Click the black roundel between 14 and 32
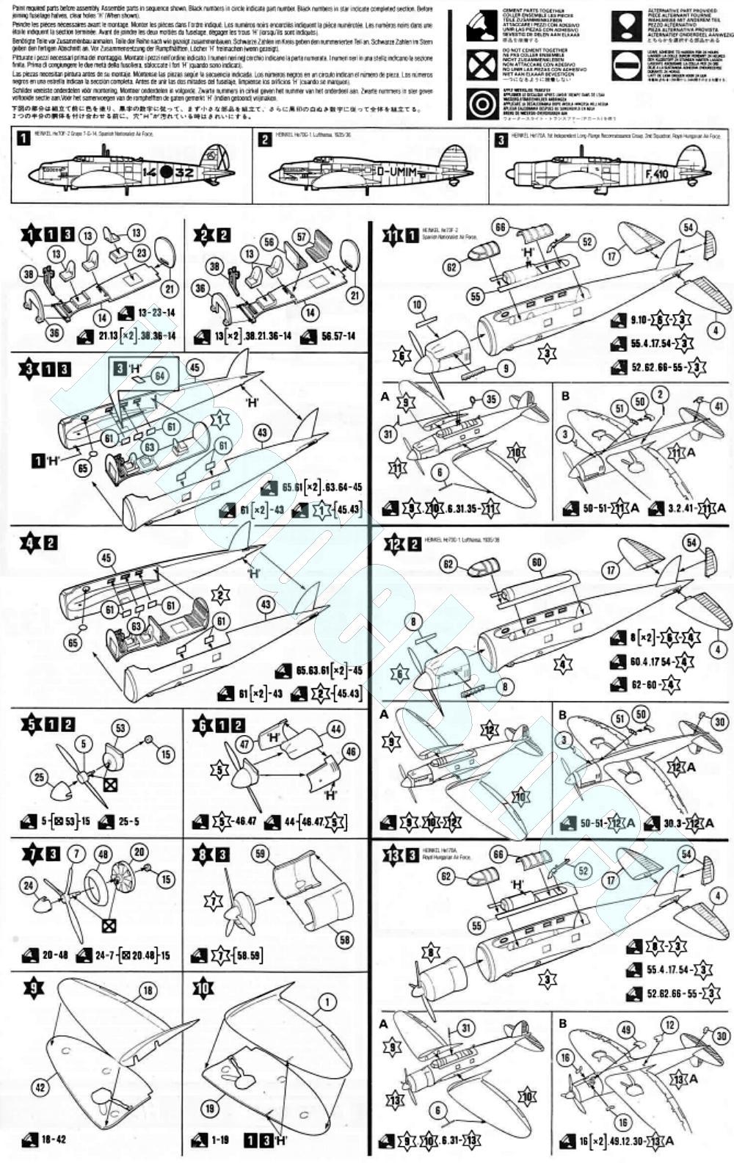click(167, 173)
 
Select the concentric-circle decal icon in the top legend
click(482, 104)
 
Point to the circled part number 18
click(148, 991)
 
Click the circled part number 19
click(211, 1109)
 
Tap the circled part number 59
click(260, 853)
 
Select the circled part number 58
click(345, 939)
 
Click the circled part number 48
click(103, 854)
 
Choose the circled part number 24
click(29, 886)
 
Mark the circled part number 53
click(120, 728)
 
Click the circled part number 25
click(40, 777)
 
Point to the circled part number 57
click(301, 236)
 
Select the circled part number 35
click(490, 400)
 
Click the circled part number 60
click(537, 563)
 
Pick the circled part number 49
click(626, 1029)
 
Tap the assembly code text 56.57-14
click(338, 336)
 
